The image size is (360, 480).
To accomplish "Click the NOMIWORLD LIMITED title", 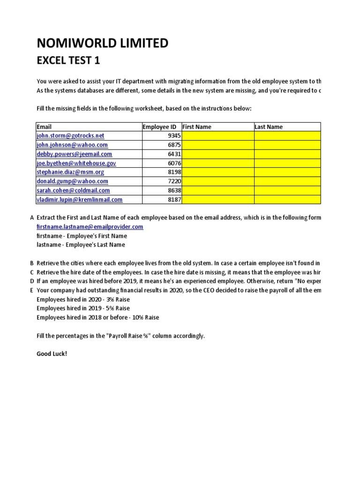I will (x=102, y=44).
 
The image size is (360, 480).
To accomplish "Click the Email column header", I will (x=44, y=127).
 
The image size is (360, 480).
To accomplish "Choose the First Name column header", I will (x=196, y=127).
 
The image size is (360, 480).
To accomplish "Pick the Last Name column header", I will (x=269, y=127).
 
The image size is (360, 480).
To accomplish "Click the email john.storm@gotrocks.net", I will (x=70, y=136).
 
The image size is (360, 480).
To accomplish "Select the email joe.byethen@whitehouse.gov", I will (x=76, y=163).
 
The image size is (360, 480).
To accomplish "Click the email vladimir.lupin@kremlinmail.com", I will (x=80, y=200).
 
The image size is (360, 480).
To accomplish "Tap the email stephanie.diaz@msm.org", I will (x=70, y=172).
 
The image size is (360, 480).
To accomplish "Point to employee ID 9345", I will (x=173, y=136).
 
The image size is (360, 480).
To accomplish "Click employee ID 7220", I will (x=173, y=181).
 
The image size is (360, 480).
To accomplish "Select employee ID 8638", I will (x=173, y=191).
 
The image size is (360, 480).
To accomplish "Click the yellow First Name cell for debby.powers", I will (x=217, y=154).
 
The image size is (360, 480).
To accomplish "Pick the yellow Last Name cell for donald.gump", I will (x=287, y=181).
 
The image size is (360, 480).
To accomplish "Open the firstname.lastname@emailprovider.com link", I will (x=90, y=227).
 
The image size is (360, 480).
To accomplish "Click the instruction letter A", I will (x=32, y=218).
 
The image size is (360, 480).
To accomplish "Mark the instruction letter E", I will (x=32, y=290).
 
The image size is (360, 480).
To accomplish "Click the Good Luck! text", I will (x=52, y=353).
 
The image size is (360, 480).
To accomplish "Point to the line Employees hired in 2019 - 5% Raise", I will (x=83, y=308).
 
